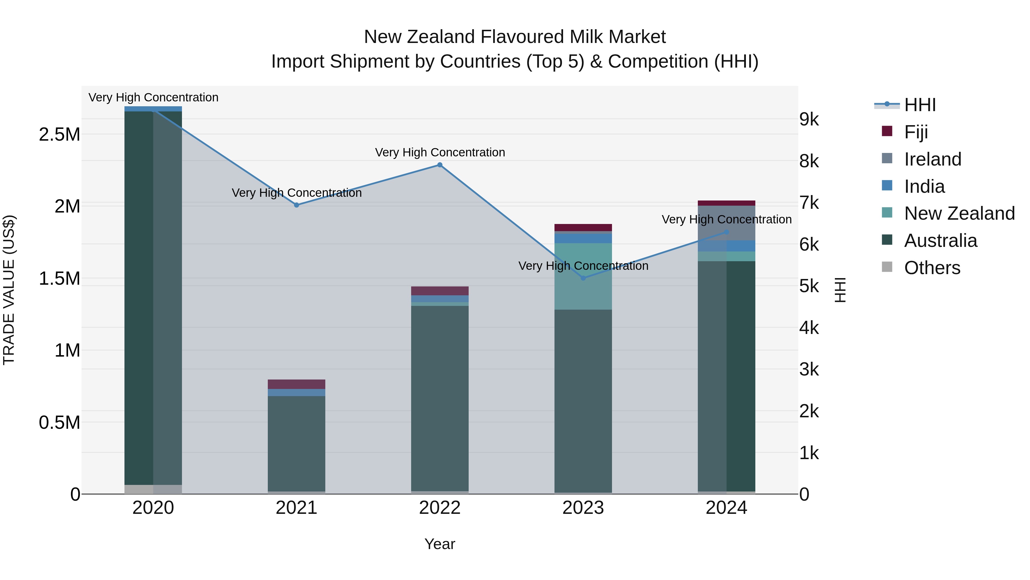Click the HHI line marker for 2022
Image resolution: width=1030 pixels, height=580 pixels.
tap(440, 165)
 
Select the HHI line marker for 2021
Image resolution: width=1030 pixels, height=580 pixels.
tap(297, 205)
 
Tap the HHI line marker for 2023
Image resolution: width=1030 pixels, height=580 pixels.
tap(583, 278)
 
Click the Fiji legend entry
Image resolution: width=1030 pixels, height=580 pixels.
tap(916, 132)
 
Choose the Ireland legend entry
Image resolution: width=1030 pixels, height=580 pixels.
tap(932, 159)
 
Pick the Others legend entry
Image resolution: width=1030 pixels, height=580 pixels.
tap(932, 268)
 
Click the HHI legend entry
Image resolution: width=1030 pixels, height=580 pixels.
tap(920, 105)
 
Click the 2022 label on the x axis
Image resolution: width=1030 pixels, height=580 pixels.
tap(440, 508)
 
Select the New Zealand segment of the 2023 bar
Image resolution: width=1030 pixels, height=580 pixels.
tap(583, 276)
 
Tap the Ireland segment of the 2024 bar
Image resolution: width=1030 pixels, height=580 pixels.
tap(726, 223)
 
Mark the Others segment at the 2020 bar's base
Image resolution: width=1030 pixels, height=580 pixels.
tap(153, 489)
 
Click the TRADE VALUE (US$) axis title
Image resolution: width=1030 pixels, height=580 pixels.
tap(9, 290)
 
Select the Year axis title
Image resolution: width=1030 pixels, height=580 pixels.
tap(440, 544)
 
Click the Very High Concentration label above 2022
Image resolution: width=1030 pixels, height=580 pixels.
tap(440, 152)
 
